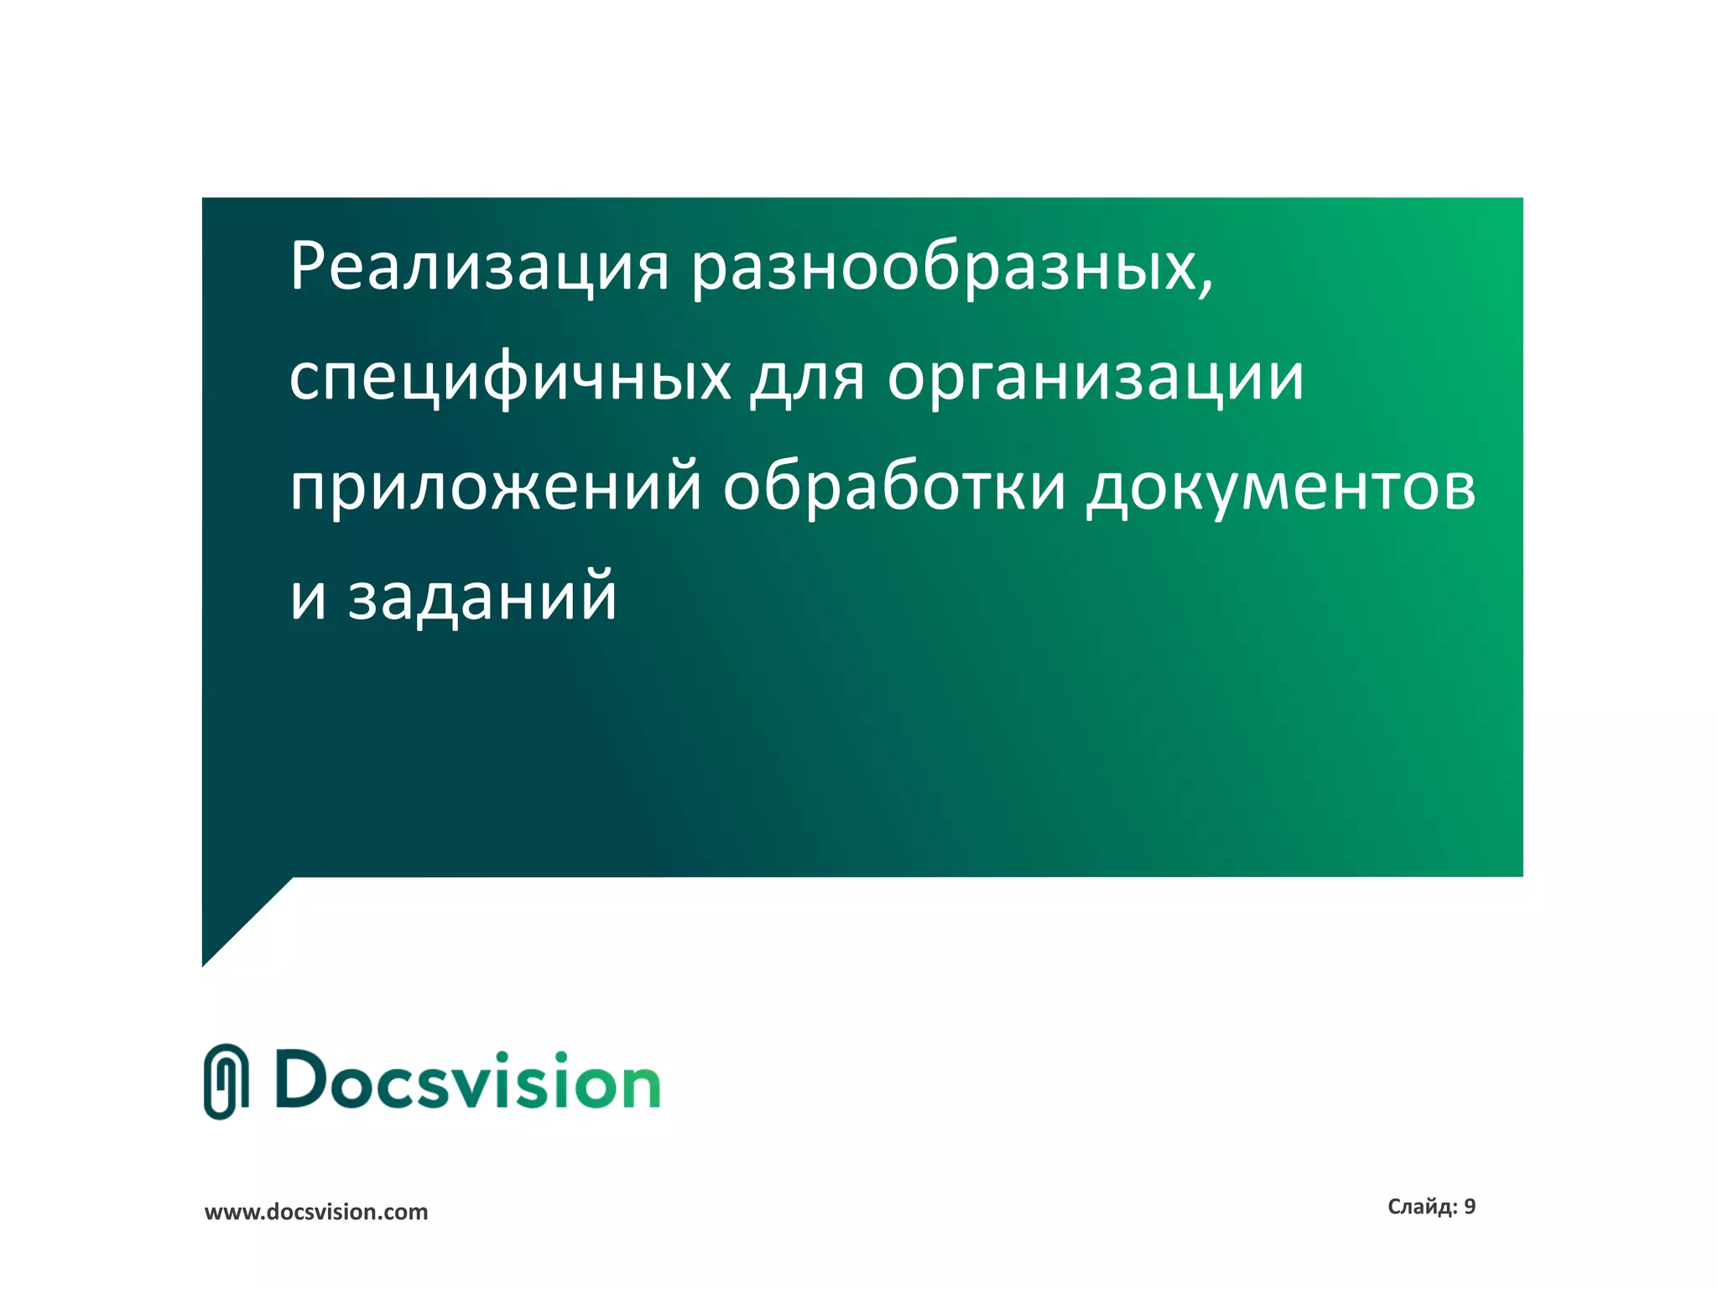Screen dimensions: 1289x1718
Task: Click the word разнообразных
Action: click(945, 267)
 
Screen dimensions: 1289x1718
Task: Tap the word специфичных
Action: click(510, 378)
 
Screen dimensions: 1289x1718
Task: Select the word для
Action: click(806, 378)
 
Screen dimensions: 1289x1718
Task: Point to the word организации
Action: click(1096, 378)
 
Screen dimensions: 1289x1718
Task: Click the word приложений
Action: click(495, 487)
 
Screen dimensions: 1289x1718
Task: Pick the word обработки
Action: click(894, 487)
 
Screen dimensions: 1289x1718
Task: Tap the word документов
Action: click(1281, 487)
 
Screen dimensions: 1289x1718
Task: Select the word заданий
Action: click(482, 596)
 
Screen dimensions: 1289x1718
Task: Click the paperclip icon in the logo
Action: click(226, 1082)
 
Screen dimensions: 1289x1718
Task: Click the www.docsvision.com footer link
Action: click(316, 1212)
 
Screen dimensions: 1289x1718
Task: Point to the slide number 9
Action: click(1470, 1207)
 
